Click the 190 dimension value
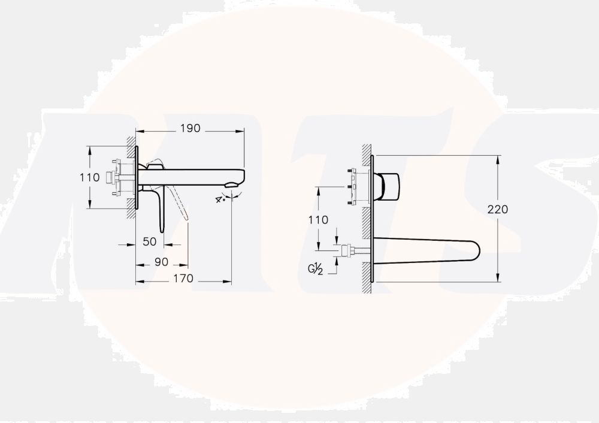tap(190, 128)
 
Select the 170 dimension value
tap(183, 279)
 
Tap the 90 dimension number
tap(161, 262)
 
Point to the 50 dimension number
tap(149, 241)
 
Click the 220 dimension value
tap(498, 209)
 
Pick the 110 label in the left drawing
tap(89, 177)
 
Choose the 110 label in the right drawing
tap(318, 220)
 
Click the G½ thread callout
tap(316, 269)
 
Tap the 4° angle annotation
tap(220, 199)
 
